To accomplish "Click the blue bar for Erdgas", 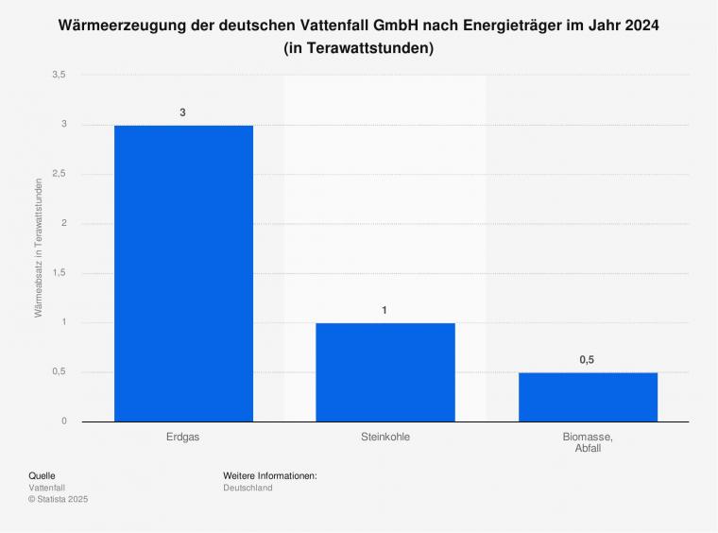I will point(183,273).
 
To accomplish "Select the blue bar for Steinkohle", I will point(385,372).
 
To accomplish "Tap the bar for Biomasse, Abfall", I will point(588,397).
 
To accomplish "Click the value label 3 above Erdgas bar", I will point(183,112).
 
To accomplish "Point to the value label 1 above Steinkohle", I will point(385,310).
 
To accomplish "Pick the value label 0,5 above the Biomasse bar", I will point(588,360).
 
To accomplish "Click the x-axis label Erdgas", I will point(183,437).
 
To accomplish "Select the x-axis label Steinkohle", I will point(385,437).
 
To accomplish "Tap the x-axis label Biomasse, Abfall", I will point(588,442).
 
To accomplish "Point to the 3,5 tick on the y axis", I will point(60,75).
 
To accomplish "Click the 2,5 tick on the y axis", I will point(60,174).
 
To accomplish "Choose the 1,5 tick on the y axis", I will point(60,273).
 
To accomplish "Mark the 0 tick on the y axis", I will point(63,421).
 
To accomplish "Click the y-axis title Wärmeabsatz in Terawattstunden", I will point(40,248).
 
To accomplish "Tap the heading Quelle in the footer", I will point(43,475).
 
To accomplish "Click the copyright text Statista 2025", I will point(69,499).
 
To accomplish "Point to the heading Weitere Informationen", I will point(269,475).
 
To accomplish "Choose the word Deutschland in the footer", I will point(248,488).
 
